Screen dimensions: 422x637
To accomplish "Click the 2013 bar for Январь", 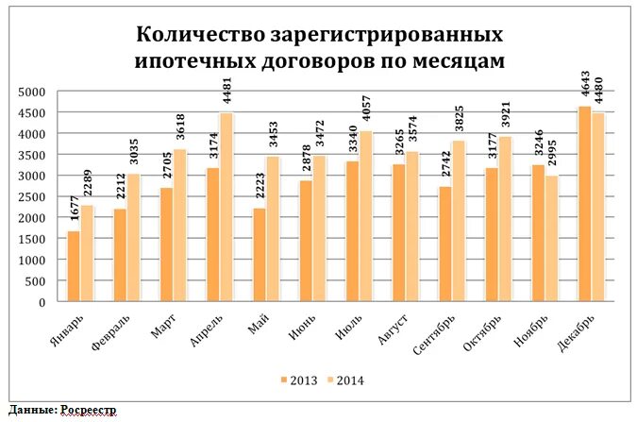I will pyautogui.click(x=73, y=266).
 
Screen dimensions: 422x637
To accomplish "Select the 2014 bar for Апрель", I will pyautogui.click(x=226, y=208).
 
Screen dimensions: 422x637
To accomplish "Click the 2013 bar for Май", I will pyautogui.click(x=259, y=255).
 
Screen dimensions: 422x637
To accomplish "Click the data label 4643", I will pyautogui.click(x=585, y=87).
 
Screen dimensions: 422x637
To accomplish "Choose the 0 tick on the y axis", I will pyautogui.click(x=42, y=302).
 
